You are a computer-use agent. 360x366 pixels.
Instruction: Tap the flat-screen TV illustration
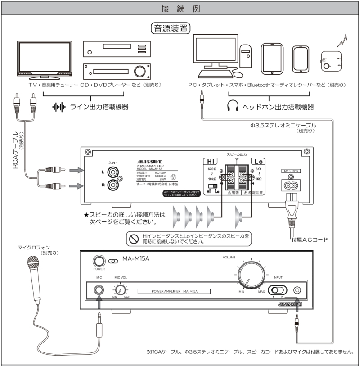(45, 59)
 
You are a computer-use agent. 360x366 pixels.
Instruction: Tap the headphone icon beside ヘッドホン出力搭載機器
(232, 107)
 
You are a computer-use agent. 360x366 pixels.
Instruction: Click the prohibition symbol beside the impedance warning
(133, 239)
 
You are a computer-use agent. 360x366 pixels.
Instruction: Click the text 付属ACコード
(310, 239)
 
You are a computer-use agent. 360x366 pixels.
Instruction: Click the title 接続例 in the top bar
(180, 9)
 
